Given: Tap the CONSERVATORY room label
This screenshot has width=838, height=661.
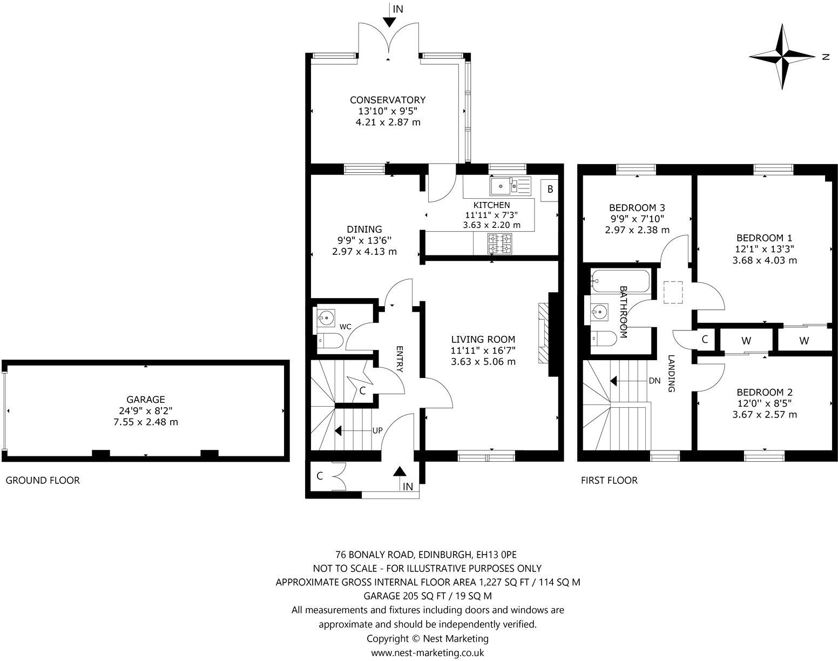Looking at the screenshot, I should (x=388, y=100).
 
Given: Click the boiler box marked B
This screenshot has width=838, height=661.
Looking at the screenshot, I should (x=550, y=190).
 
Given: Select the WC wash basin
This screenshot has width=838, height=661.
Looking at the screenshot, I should (x=326, y=316).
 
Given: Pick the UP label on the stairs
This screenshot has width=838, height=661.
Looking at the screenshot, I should (x=377, y=431).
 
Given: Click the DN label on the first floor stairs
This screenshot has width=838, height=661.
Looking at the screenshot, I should (x=654, y=381).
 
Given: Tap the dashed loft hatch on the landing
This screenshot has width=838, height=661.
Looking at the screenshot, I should (x=673, y=293).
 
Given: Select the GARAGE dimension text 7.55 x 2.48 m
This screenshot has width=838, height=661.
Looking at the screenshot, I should (x=146, y=422).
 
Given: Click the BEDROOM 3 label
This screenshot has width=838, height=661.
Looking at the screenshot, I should (x=637, y=207).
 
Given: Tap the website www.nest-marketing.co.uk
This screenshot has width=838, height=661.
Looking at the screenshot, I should (x=427, y=652).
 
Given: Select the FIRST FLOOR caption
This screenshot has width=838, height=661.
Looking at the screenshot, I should (x=609, y=480).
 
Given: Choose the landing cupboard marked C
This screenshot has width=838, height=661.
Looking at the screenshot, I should (x=704, y=340).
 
